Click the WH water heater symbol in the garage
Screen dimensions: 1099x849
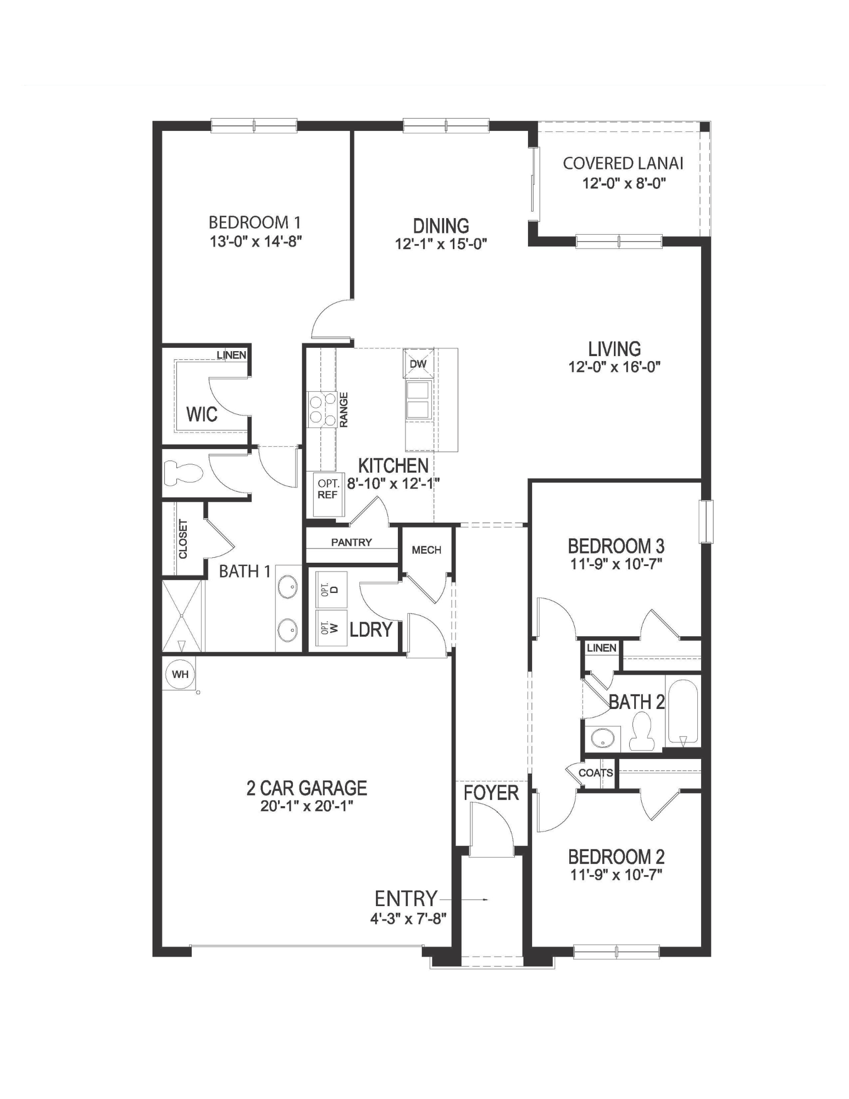(180, 674)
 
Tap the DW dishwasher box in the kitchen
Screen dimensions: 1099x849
(418, 364)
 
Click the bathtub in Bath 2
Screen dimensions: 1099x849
(683, 711)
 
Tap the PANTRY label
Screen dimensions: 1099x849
(351, 542)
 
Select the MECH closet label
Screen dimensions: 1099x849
(426, 550)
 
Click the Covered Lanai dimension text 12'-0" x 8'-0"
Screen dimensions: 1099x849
(624, 184)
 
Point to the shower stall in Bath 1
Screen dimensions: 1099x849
(182, 616)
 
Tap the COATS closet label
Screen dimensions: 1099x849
(596, 773)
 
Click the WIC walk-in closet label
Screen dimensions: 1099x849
(202, 414)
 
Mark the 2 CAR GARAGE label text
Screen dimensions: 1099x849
(307, 788)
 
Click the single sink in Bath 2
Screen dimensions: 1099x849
(602, 739)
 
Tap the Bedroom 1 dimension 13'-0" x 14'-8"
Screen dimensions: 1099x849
(256, 241)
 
